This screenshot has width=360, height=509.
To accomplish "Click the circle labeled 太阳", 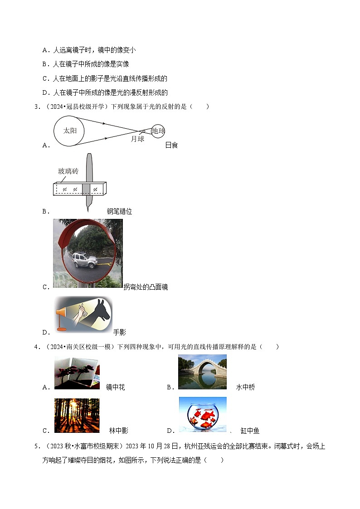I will pos(70,131).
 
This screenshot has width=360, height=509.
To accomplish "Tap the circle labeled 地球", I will pos(158,131).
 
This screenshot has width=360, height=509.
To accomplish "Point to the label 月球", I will pos(137,139).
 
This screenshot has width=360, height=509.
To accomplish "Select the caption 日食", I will pos(172,145).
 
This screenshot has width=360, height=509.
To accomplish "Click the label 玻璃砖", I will pos(68,171).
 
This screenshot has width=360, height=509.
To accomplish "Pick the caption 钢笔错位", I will pos(119,212).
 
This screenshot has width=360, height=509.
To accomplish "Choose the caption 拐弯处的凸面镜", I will pos(146,287).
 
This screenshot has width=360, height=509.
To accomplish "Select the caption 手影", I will pos(119,332).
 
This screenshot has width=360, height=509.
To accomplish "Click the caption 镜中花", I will pos(115,387).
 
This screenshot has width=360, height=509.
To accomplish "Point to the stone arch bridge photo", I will pos(202,372).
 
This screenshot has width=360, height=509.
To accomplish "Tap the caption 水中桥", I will pos(246,387).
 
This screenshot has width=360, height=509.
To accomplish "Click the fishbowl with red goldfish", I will pos(202,415).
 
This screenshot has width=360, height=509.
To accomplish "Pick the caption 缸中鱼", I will pos(250,431).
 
